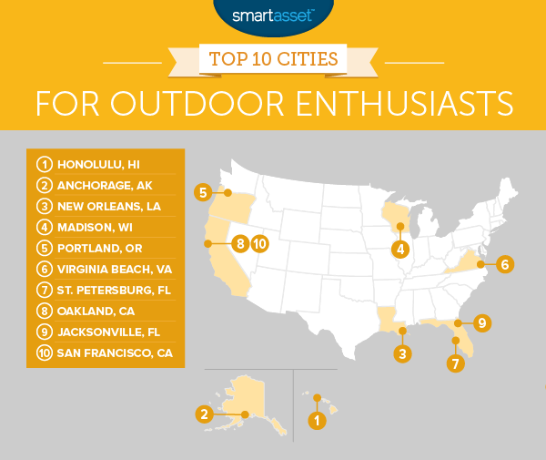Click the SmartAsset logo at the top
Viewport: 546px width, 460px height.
[273, 15]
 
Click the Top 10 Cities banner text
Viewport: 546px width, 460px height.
[273, 59]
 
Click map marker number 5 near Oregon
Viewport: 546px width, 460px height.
[204, 192]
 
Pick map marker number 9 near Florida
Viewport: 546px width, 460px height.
[482, 322]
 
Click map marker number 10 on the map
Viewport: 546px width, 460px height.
[259, 243]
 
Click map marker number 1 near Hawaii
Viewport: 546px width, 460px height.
[316, 421]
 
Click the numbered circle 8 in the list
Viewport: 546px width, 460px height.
[43, 310]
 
